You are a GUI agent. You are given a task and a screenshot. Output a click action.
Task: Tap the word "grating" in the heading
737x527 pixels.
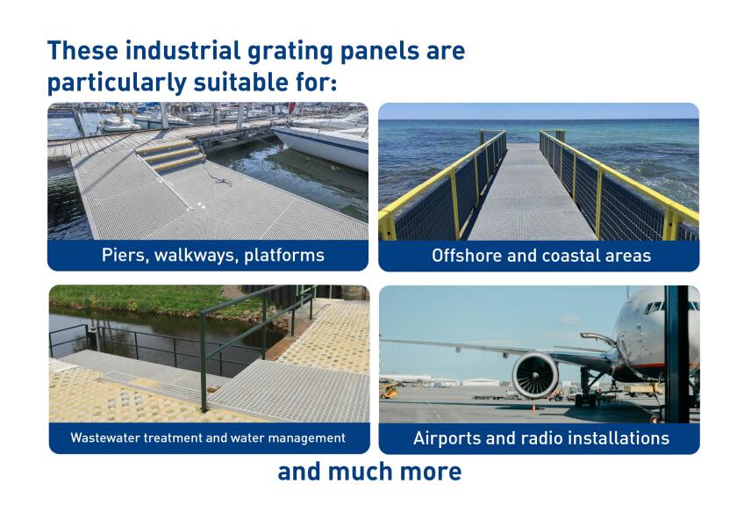click(290, 52)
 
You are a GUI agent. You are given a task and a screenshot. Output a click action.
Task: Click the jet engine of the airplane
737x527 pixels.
click(534, 376)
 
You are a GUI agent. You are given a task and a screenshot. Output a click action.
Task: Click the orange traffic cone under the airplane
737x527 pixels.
click(533, 407)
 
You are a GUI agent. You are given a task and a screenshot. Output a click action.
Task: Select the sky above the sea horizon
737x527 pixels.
click(539, 111)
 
